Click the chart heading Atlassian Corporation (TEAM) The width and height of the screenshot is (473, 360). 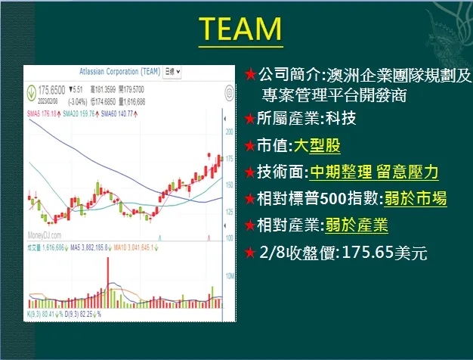pyautogui.click(x=119, y=72)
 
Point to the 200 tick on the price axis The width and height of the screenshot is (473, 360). pyautogui.click(x=229, y=132)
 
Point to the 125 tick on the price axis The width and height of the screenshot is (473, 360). pyautogui.click(x=229, y=211)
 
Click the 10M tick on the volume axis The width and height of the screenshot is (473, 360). pyautogui.click(x=230, y=277)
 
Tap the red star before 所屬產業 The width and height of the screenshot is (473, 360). pyautogui.click(x=250, y=119)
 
